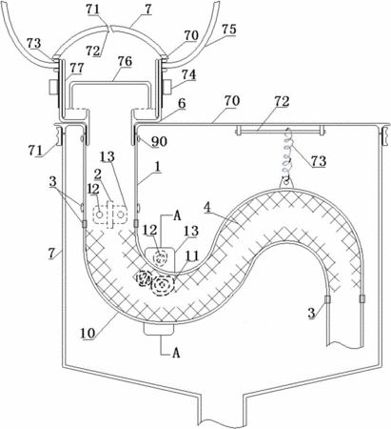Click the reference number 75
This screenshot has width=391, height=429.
tap(228, 30)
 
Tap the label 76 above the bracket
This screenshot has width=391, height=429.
tap(125, 61)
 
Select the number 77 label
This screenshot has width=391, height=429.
tap(77, 68)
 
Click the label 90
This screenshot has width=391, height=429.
tap(159, 142)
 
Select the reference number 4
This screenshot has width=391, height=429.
tap(206, 208)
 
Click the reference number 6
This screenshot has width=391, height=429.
tap(182, 104)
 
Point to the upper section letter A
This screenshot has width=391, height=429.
tap(177, 216)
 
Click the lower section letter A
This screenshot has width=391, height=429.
tap(176, 353)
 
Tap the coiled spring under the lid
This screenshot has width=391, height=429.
tap(289, 152)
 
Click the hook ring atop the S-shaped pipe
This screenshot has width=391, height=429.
tap(287, 183)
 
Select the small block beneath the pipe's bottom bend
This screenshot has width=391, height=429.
tap(159, 329)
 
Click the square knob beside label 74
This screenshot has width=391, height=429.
tap(167, 87)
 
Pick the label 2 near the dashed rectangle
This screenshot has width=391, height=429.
tap(97, 174)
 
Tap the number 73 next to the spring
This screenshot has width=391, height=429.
tap(319, 161)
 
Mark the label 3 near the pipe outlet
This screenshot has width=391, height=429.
tap(312, 313)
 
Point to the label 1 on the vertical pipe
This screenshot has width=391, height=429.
tap(156, 168)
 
